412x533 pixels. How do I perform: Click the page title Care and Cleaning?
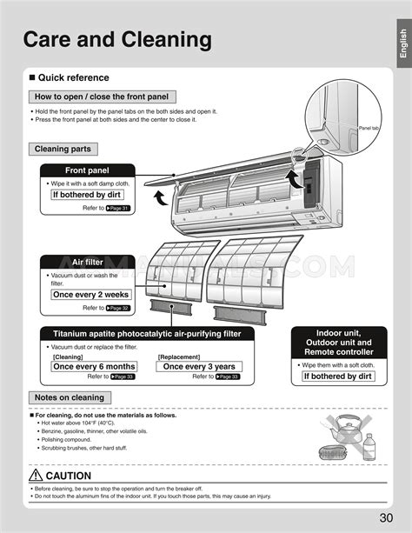click(116, 39)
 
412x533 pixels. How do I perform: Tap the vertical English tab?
click(402, 43)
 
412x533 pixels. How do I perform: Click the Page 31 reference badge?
click(117, 209)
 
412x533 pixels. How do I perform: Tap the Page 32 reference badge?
click(117, 308)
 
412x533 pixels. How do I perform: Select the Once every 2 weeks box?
click(90, 295)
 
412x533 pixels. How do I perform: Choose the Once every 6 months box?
click(94, 366)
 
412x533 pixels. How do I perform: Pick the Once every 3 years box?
click(199, 366)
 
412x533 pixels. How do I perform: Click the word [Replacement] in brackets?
click(180, 356)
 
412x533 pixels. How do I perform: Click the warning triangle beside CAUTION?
click(36, 476)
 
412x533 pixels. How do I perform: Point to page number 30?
click(390, 518)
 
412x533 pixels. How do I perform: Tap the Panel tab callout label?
click(371, 128)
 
